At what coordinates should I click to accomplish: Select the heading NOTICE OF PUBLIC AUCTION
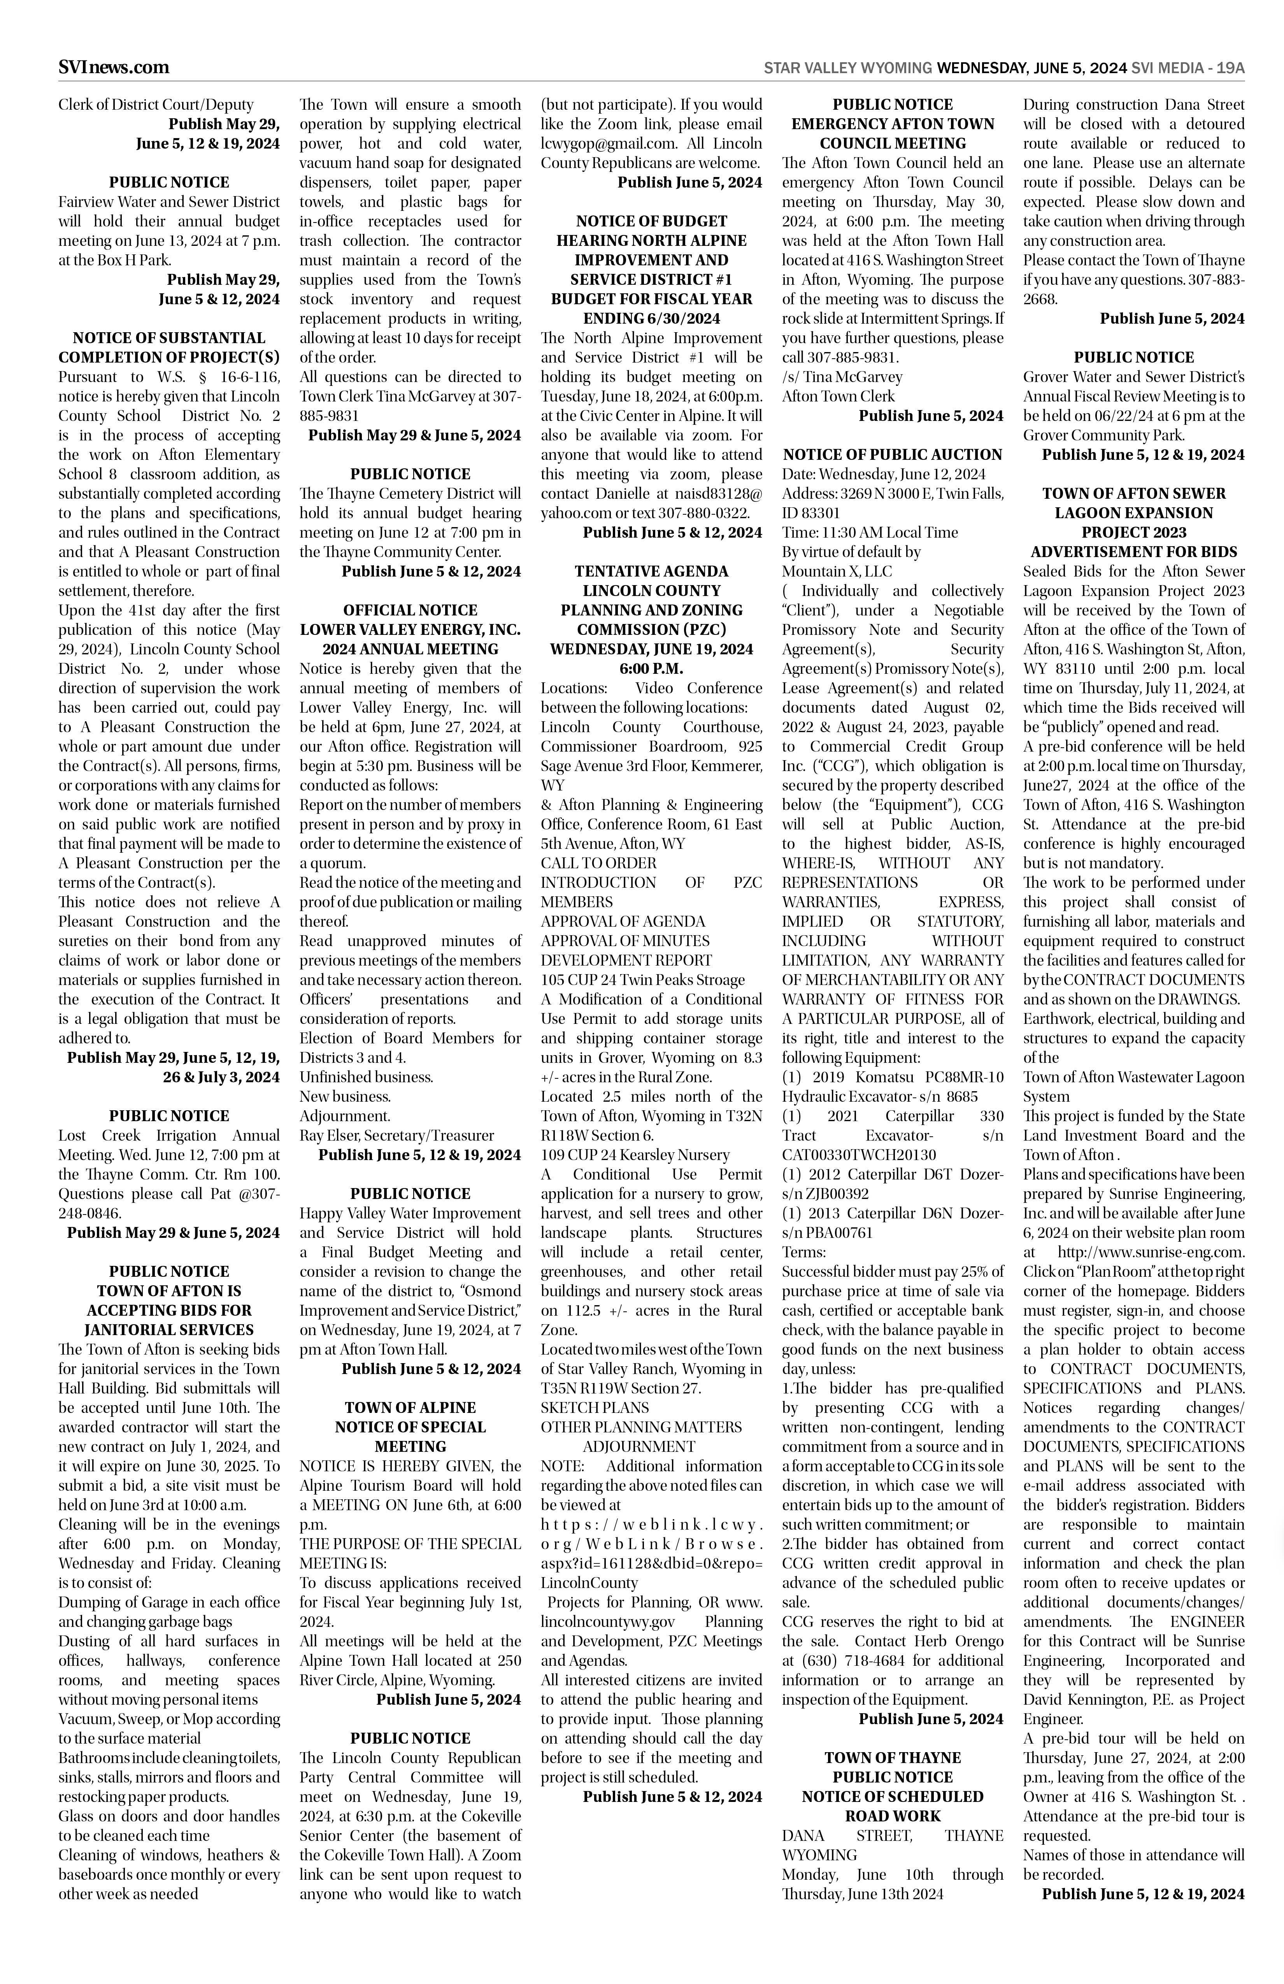tap(892, 454)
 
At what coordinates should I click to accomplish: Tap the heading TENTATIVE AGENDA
tap(651, 571)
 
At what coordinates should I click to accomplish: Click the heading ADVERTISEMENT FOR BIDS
tap(1133, 552)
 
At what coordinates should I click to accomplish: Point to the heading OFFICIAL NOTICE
tap(410, 610)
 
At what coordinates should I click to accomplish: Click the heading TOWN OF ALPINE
tap(410, 1407)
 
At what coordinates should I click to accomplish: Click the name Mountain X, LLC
tap(836, 571)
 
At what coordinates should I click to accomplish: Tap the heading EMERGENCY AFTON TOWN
tap(892, 124)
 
